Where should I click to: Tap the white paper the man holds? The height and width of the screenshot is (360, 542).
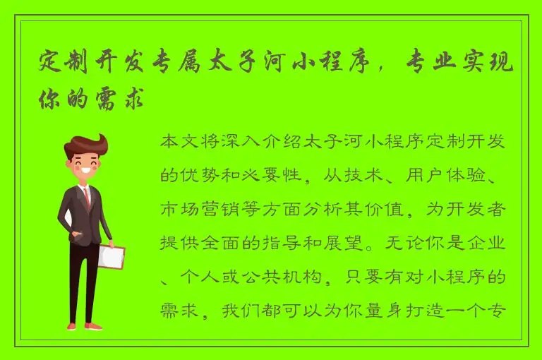click(x=111, y=257)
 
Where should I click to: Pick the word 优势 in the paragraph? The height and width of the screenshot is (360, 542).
click(x=195, y=175)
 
